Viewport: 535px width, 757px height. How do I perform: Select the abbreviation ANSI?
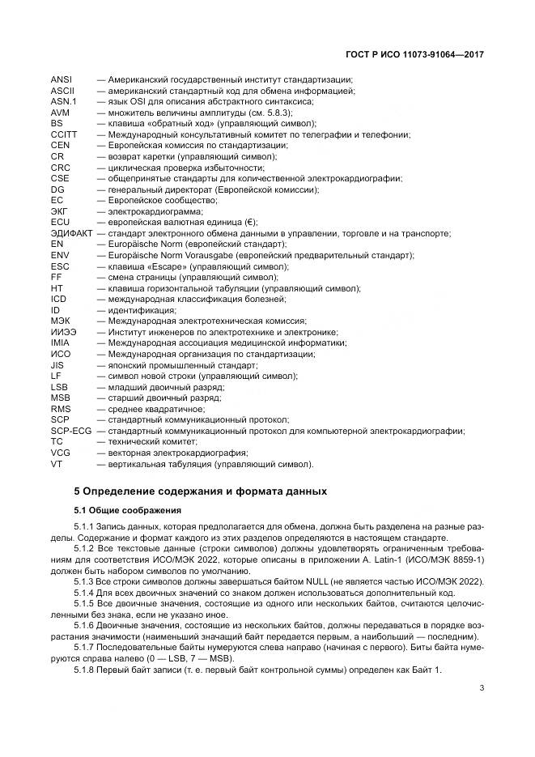coord(62,79)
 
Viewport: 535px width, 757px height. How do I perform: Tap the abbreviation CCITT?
coord(63,134)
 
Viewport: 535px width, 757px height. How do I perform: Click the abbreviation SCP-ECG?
coord(71,431)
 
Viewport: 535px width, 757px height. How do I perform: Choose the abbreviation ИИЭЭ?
coord(63,332)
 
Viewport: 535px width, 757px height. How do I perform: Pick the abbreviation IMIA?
coord(61,343)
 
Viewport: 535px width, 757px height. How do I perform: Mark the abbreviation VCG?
coord(60,453)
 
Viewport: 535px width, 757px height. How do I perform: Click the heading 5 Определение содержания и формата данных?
coord(201,491)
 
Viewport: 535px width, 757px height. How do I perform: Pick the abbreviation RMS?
coord(61,409)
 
